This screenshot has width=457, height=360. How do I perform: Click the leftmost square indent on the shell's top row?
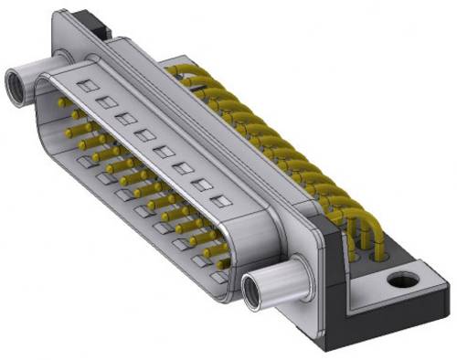click(x=85, y=86)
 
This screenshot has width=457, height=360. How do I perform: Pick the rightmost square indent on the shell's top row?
click(x=218, y=201)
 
